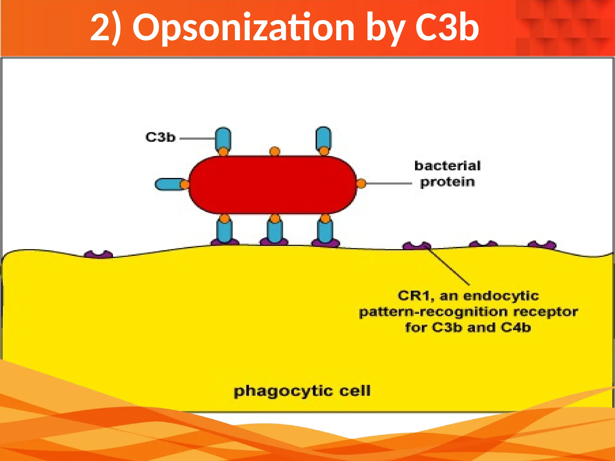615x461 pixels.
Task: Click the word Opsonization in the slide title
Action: [x=243, y=28]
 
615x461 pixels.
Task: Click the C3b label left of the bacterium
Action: [x=160, y=137]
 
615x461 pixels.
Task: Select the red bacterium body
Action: [x=273, y=185]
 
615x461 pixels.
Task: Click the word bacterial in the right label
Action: [x=447, y=166]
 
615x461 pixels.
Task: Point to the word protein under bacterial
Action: [x=447, y=182]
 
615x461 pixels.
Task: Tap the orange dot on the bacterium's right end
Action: [x=361, y=183]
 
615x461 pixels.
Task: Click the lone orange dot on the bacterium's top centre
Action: [x=275, y=151]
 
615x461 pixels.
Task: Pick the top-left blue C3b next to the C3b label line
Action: [x=223, y=138]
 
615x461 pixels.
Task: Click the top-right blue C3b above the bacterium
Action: [x=323, y=138]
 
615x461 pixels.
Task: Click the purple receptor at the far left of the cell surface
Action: [x=98, y=255]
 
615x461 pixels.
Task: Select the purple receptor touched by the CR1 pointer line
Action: [x=417, y=246]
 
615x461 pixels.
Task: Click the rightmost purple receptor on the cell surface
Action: [x=542, y=245]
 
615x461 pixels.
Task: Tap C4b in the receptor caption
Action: [x=516, y=327]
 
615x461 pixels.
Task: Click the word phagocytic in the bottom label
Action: [x=283, y=391]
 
